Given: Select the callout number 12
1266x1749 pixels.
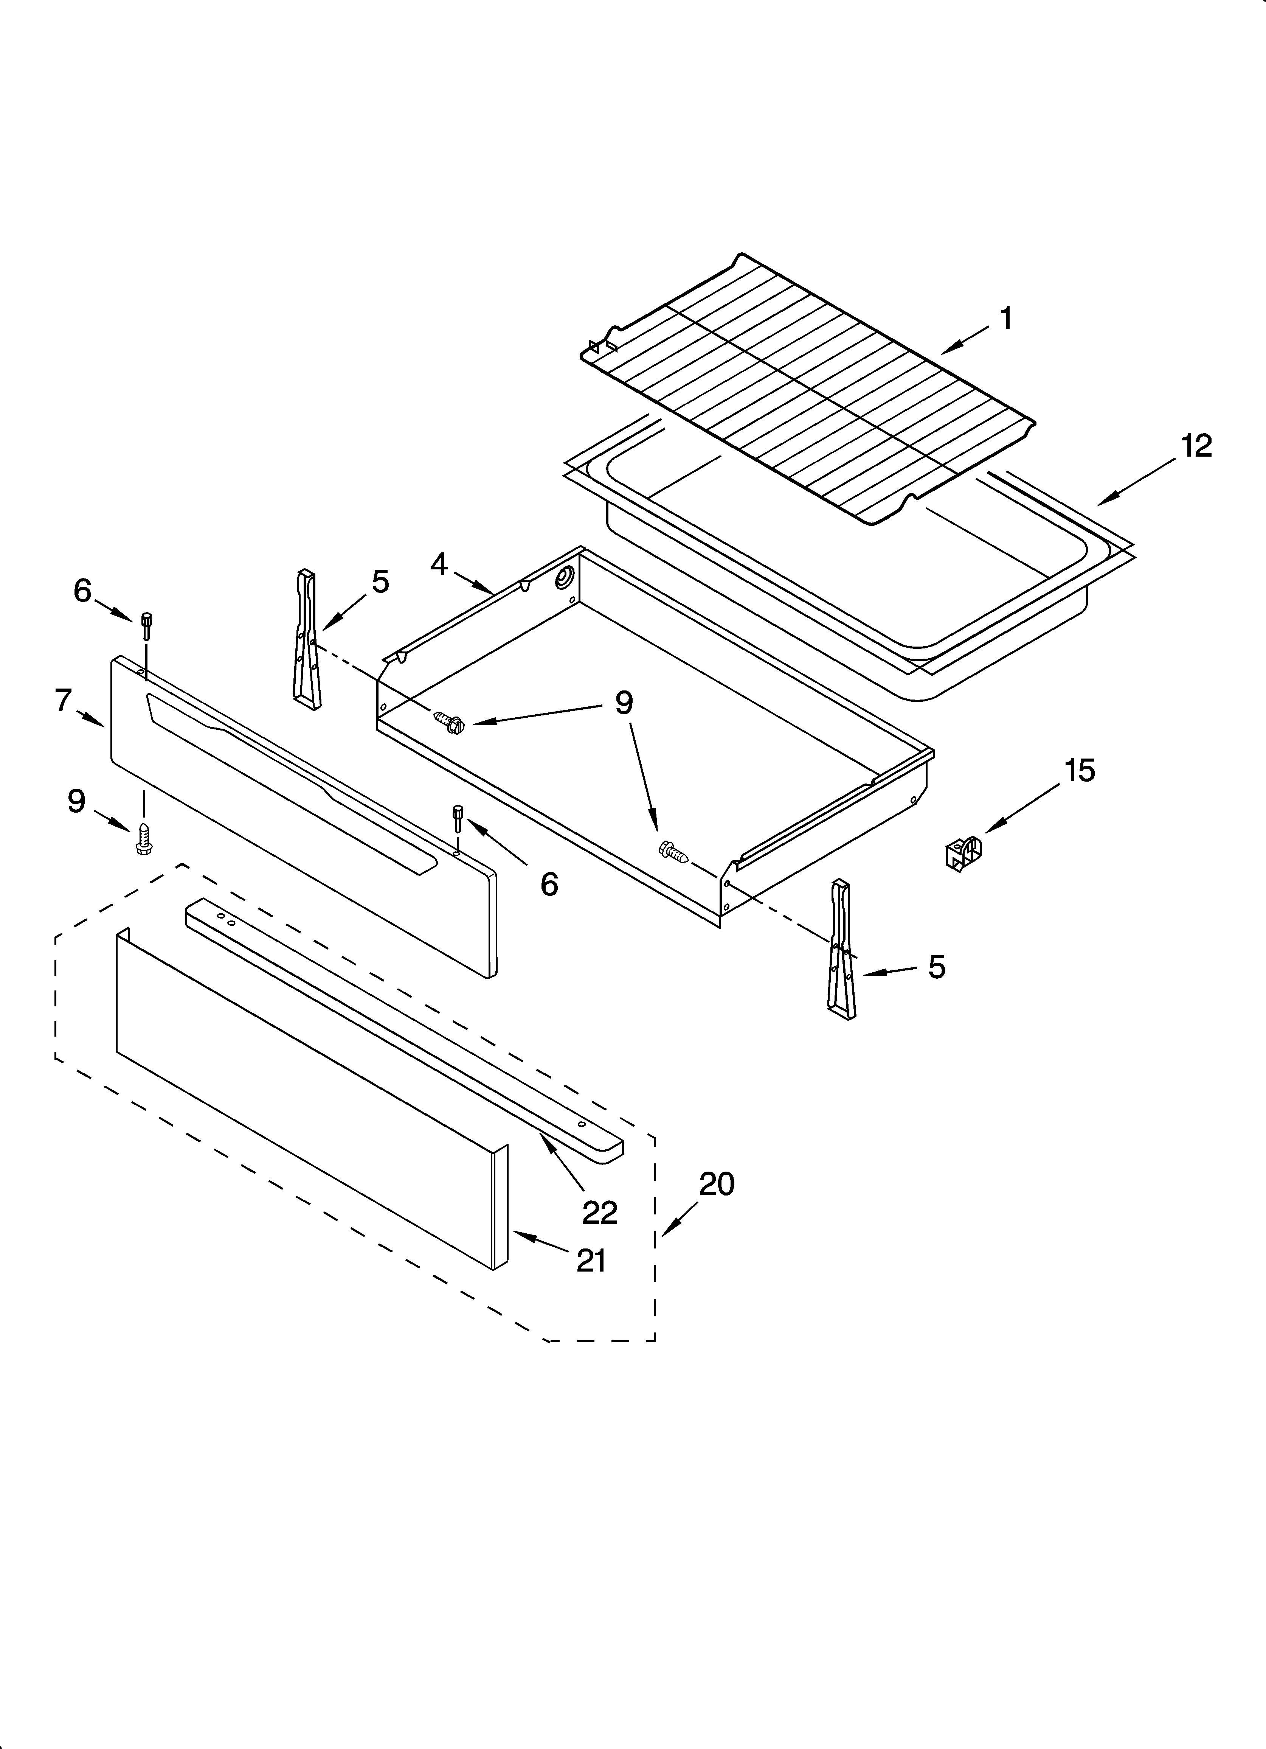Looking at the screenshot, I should pos(1196,446).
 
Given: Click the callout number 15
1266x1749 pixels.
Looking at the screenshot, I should pos(1080,770).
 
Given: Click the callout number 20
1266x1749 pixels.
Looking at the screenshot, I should pos(716,1184).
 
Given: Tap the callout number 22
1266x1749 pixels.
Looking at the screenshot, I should pos(600,1213).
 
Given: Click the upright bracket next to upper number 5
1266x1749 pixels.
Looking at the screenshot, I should pos(306,637).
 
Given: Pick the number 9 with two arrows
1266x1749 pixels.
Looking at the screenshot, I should pos(624,703).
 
